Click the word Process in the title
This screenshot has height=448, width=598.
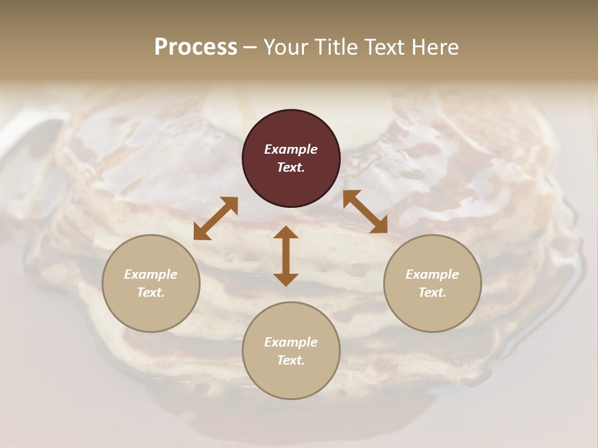(196, 47)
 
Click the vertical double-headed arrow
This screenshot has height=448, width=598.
(286, 256)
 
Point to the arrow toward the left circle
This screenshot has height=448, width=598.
(216, 218)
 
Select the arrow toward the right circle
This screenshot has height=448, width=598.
(365, 212)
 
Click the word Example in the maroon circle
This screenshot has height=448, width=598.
(291, 149)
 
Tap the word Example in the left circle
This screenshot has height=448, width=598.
(151, 274)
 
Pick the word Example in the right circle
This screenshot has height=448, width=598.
(432, 274)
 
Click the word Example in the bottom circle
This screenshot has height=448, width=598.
(291, 342)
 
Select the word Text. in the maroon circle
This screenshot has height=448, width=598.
(291, 167)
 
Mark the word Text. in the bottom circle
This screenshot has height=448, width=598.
(291, 360)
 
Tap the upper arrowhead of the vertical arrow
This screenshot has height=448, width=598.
(286, 233)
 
